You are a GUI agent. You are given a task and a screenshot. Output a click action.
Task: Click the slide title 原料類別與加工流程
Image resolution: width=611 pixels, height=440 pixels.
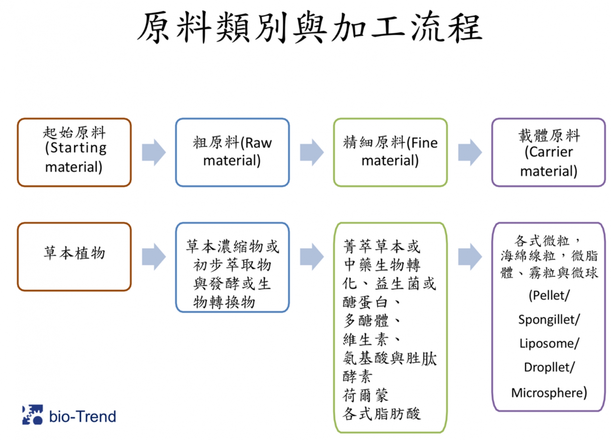click(309, 28)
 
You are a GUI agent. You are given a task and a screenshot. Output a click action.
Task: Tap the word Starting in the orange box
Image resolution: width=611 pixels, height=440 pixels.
click(78, 148)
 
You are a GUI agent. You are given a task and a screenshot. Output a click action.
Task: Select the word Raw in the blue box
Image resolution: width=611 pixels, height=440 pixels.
click(258, 143)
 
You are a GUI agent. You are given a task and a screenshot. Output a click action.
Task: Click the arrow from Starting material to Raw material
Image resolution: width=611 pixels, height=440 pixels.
click(154, 152)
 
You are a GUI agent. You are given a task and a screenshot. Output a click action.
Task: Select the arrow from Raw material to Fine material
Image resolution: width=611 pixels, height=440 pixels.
click(312, 152)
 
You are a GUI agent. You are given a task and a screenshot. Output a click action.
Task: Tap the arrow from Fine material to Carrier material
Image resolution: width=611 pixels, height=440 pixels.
click(470, 152)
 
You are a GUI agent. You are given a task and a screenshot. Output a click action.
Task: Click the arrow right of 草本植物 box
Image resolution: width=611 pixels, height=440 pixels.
click(154, 257)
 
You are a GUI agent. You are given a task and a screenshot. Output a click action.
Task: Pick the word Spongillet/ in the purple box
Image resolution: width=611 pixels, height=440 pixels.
click(549, 320)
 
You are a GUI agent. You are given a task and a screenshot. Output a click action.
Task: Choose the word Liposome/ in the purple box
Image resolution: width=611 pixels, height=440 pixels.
click(549, 343)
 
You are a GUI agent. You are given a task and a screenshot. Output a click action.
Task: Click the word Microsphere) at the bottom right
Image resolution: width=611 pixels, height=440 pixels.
click(549, 393)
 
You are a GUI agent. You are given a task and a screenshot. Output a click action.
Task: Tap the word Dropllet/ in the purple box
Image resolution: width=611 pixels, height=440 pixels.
click(549, 367)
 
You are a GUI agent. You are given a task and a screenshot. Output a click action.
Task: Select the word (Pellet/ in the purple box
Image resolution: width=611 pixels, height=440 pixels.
click(549, 295)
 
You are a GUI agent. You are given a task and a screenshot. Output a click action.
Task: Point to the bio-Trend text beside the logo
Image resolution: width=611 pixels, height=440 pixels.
click(83, 416)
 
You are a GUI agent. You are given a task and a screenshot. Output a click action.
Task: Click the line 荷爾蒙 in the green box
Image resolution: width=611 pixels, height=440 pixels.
click(365, 395)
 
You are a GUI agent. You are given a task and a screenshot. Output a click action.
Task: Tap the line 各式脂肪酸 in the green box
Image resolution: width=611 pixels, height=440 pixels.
click(381, 414)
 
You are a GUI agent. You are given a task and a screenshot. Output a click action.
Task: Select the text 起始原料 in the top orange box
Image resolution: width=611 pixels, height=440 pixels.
click(74, 133)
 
